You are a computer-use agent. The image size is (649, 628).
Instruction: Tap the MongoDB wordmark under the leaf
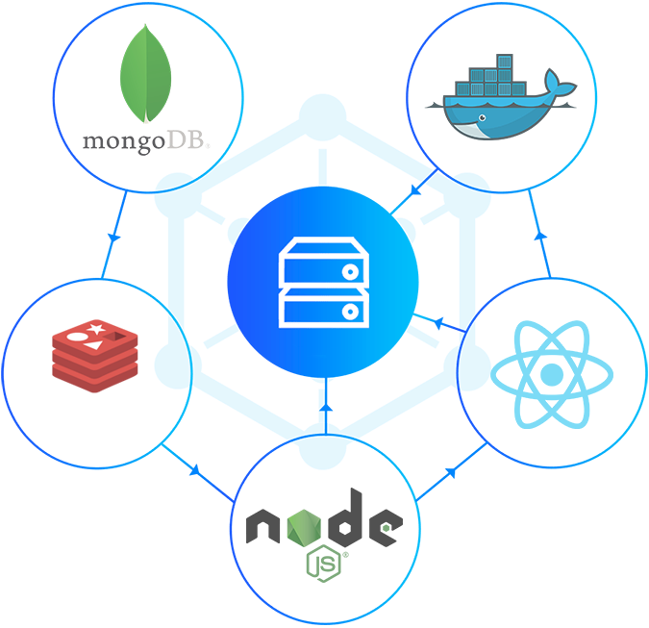click(146, 143)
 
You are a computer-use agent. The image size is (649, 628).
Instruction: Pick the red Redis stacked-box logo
click(96, 352)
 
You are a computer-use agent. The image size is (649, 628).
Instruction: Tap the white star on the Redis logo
click(95, 331)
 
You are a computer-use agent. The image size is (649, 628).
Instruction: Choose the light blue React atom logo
click(551, 373)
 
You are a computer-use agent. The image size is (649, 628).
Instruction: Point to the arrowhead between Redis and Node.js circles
click(196, 471)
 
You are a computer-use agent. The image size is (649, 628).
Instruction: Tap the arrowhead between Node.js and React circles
click(450, 472)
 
